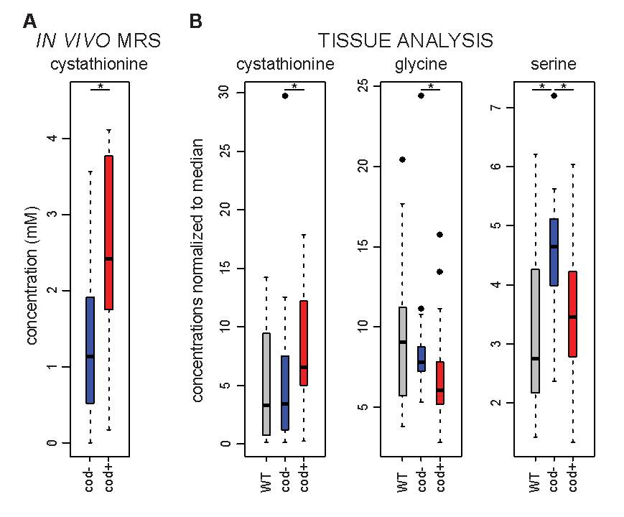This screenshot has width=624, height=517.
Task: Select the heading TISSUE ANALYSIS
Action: pos(406,40)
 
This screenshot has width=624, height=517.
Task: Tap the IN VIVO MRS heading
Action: pos(98,40)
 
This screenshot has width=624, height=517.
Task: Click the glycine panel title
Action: pos(421,64)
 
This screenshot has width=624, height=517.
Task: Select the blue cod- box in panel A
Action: pos(90,350)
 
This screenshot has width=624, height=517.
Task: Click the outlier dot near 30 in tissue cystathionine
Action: pos(285,95)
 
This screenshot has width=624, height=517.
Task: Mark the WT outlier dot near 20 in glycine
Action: pos(403,159)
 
